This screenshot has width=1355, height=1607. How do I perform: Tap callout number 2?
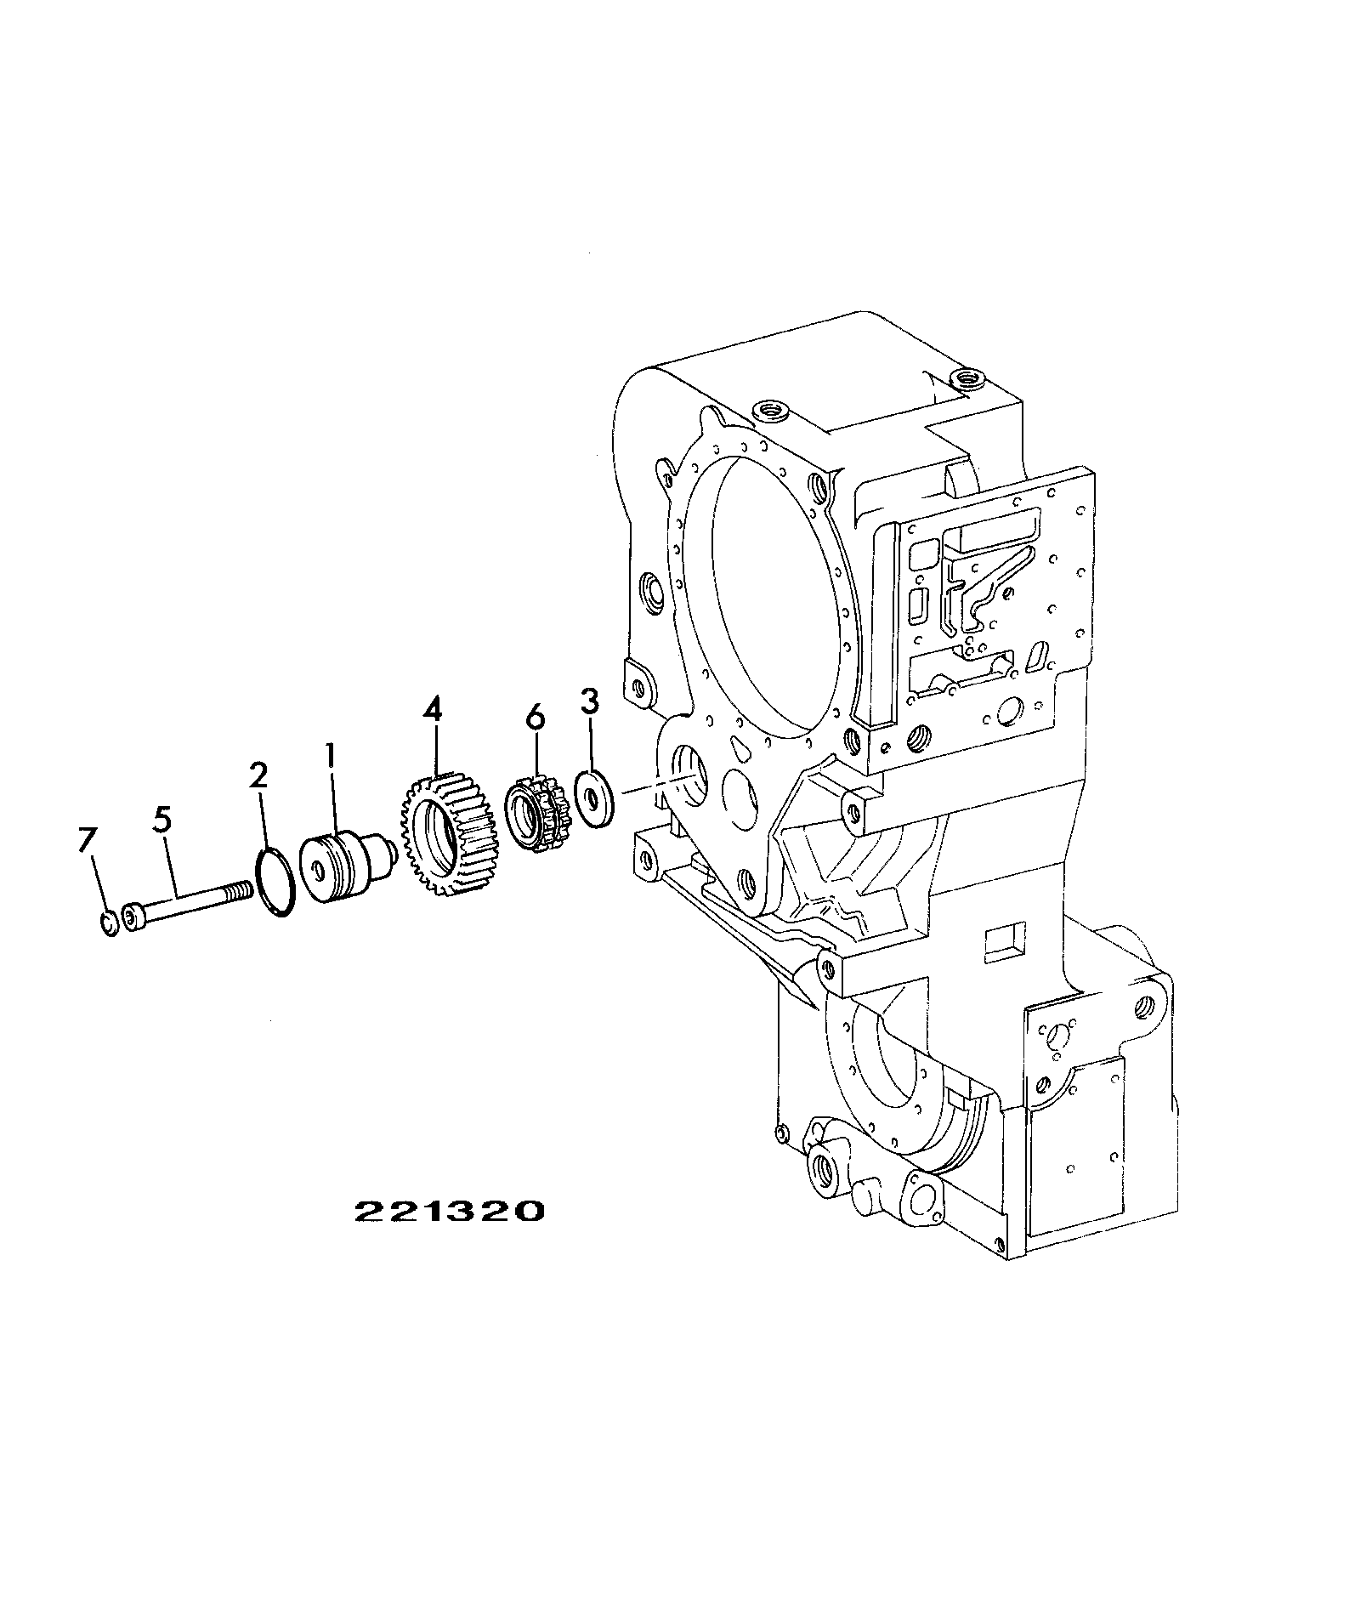pos(258,775)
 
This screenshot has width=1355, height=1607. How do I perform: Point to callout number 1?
pos(331,759)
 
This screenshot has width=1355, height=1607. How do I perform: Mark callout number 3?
pos(589,701)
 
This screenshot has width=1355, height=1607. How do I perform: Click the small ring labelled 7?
pos(109,923)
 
